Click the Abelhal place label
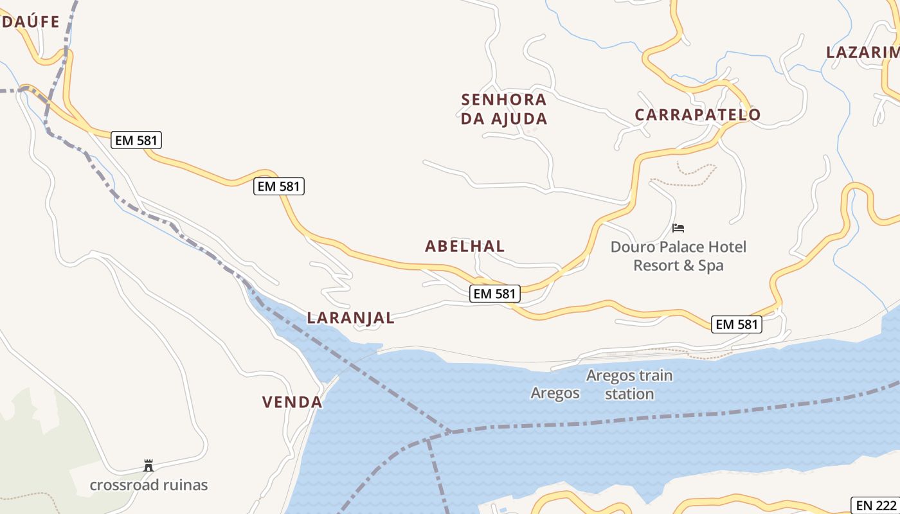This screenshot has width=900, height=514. pyautogui.click(x=465, y=246)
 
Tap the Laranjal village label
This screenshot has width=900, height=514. pyautogui.click(x=350, y=317)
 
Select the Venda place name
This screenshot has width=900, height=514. pyautogui.click(x=292, y=402)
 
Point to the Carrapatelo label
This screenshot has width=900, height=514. pyautogui.click(x=697, y=115)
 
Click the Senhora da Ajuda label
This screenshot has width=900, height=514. pyautogui.click(x=504, y=109)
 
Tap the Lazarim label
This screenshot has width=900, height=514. pyautogui.click(x=862, y=53)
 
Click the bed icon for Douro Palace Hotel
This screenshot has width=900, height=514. pyautogui.click(x=678, y=227)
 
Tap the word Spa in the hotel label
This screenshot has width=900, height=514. pyautogui.click(x=711, y=265)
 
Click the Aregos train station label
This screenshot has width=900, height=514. pyautogui.click(x=629, y=384)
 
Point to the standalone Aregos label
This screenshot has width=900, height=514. pyautogui.click(x=555, y=393)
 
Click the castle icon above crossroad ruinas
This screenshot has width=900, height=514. pyautogui.click(x=148, y=465)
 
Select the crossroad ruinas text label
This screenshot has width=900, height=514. pyautogui.click(x=148, y=484)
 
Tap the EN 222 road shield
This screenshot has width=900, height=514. pyautogui.click(x=875, y=505)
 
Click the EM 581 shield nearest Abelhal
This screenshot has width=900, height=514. pyautogui.click(x=494, y=294)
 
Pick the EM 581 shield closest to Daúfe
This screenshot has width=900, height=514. pyautogui.click(x=136, y=140)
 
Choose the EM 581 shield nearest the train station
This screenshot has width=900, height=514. pyautogui.click(x=737, y=324)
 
